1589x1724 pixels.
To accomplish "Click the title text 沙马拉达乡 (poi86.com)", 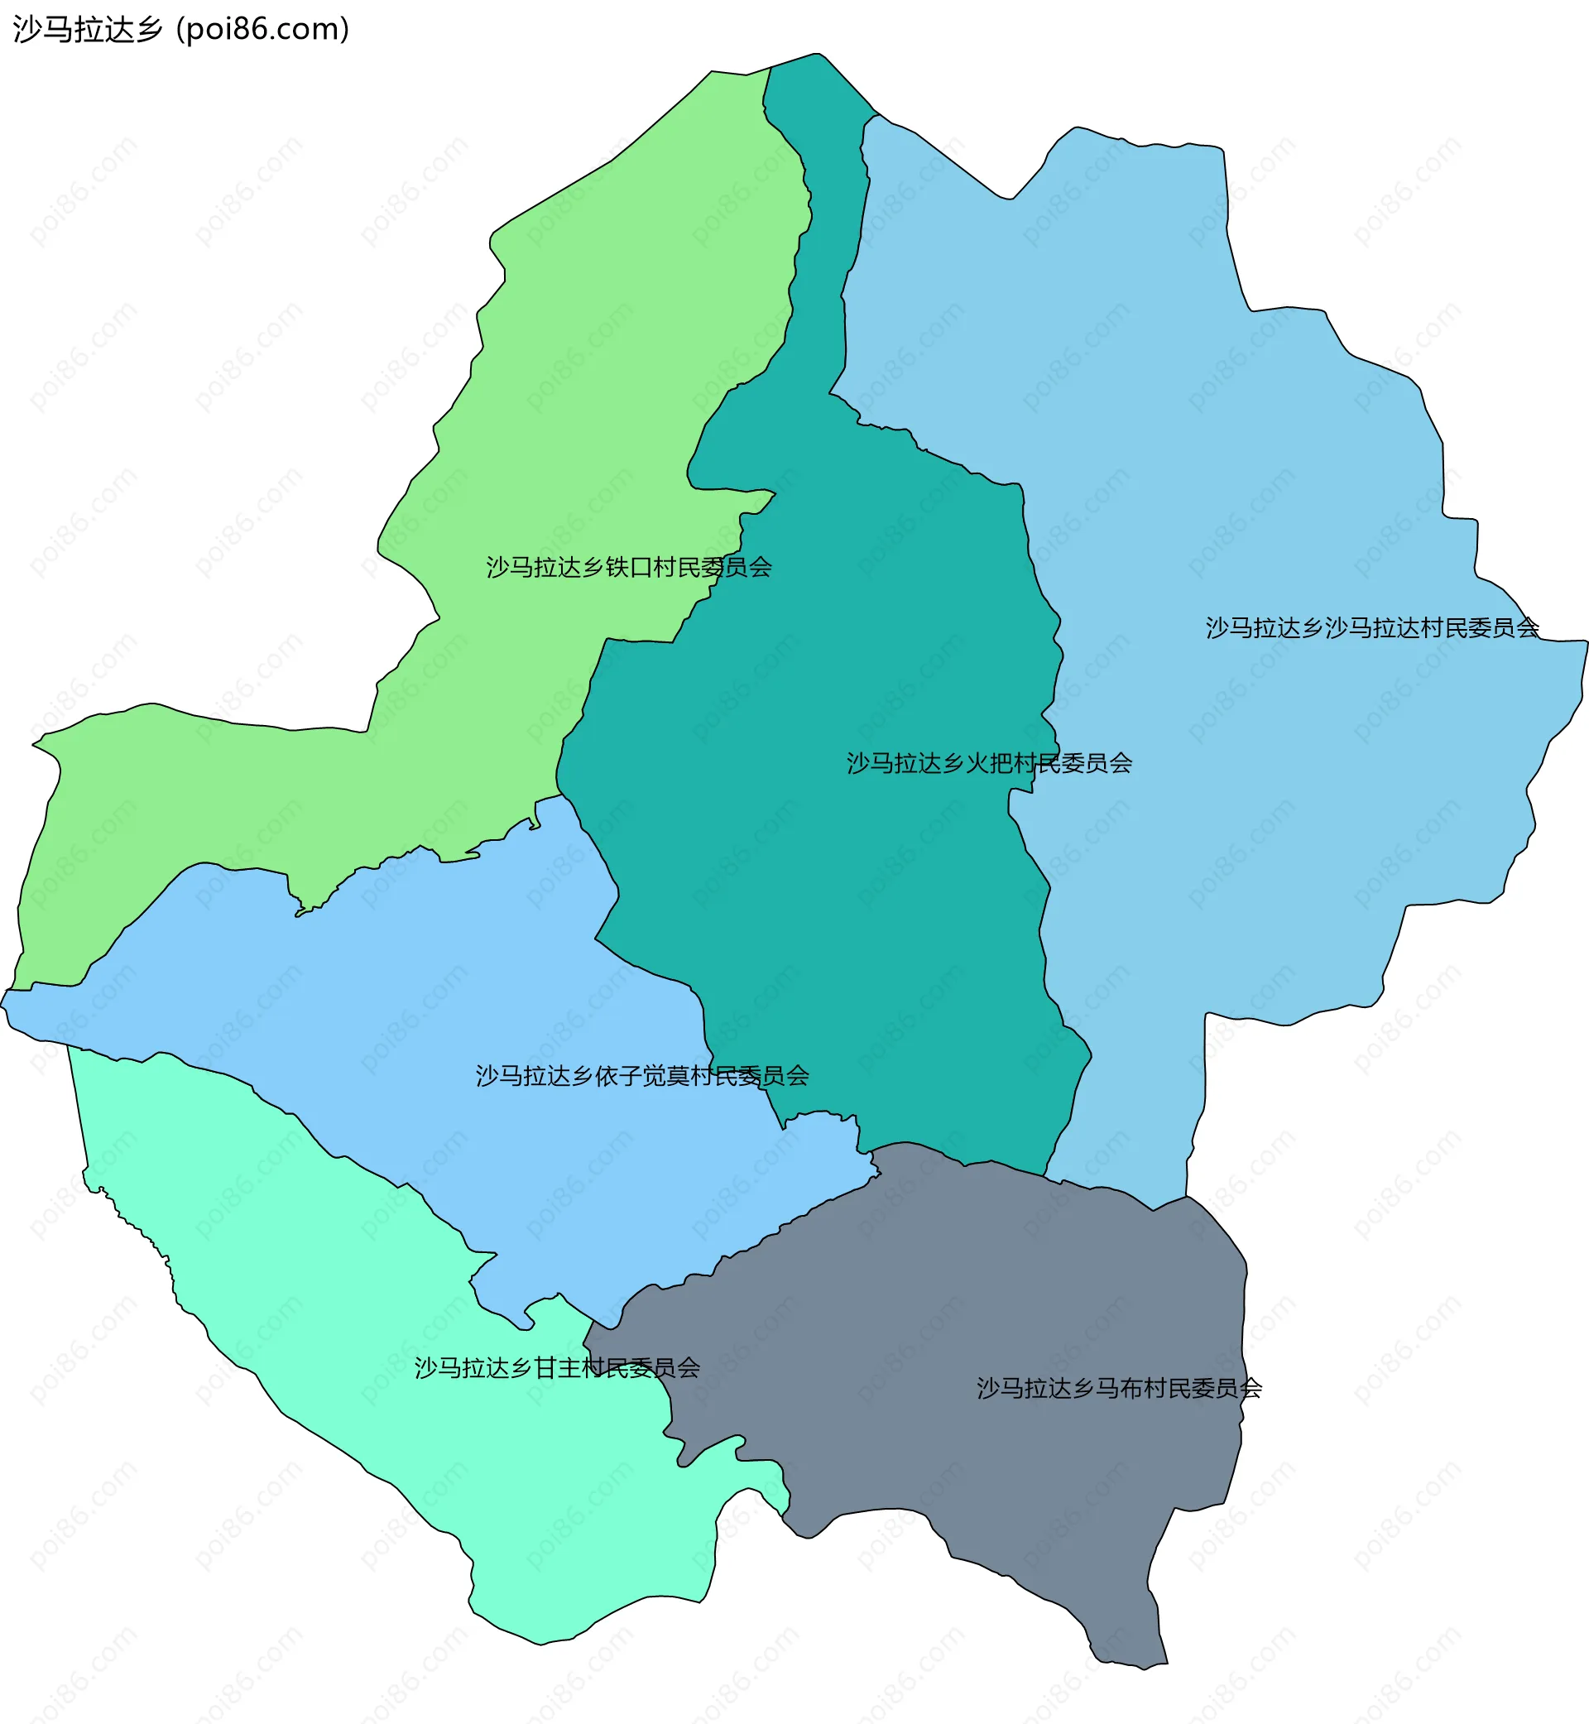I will (x=180, y=29).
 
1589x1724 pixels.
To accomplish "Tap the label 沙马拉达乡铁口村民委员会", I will (x=628, y=568).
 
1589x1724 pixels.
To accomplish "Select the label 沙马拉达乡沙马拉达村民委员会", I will (x=1371, y=628).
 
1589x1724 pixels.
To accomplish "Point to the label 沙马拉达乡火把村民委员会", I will (x=989, y=764).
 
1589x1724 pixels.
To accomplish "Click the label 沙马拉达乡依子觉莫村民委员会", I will (x=642, y=1076).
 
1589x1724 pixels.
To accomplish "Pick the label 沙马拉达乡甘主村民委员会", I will (x=557, y=1368).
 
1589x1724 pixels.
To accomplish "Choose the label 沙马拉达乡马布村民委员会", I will (x=1119, y=1388).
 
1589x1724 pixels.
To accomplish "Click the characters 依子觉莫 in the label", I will (x=642, y=1076).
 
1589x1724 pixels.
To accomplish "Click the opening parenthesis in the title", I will (x=180, y=29).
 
